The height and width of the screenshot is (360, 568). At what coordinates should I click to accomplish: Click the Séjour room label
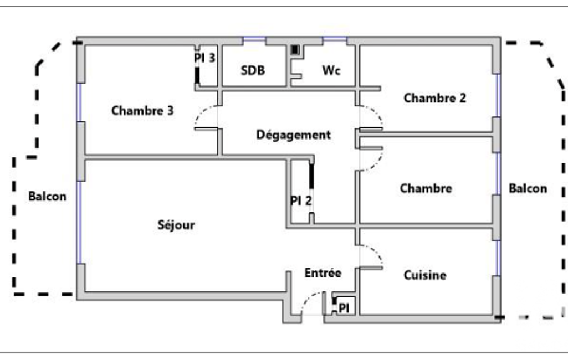pyautogui.click(x=176, y=225)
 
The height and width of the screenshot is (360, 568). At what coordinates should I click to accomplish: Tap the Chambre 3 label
pyautogui.click(x=142, y=110)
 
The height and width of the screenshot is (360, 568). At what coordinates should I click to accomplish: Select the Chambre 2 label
pyautogui.click(x=434, y=98)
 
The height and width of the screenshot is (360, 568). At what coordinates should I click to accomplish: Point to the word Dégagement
pyautogui.click(x=293, y=135)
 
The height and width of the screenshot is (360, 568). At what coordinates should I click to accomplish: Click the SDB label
pyautogui.click(x=253, y=70)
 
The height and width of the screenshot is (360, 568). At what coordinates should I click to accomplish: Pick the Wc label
pyautogui.click(x=331, y=70)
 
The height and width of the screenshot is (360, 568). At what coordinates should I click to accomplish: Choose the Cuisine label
pyautogui.click(x=425, y=275)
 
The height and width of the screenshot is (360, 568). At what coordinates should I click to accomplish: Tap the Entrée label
pyautogui.click(x=323, y=273)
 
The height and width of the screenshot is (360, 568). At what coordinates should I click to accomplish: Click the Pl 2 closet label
pyautogui.click(x=301, y=200)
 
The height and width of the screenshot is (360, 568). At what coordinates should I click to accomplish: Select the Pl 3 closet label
pyautogui.click(x=204, y=58)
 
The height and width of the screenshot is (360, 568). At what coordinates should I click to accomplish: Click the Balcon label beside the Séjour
pyautogui.click(x=48, y=196)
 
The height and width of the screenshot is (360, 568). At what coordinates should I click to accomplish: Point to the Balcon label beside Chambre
pyautogui.click(x=528, y=188)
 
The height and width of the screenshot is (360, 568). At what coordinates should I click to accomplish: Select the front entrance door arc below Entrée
pyautogui.click(x=308, y=299)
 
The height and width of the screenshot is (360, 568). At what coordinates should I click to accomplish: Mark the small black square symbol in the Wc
pyautogui.click(x=295, y=50)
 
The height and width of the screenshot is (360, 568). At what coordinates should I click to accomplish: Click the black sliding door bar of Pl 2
pyautogui.click(x=311, y=176)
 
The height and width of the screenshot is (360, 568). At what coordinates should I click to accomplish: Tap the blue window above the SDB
pyautogui.click(x=254, y=38)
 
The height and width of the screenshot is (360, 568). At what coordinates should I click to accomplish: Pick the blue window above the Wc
pyautogui.click(x=335, y=38)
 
